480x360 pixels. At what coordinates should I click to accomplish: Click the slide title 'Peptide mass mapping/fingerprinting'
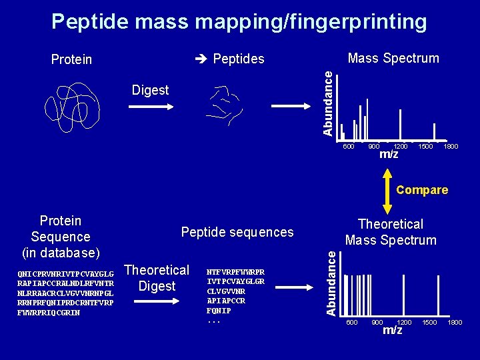point(239,22)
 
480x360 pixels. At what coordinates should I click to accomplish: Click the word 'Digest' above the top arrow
point(150,90)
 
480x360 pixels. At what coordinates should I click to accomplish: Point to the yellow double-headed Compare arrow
point(388,190)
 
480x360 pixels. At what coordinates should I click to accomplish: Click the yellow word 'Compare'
point(421,190)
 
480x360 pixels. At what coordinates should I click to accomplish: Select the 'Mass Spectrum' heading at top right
point(393,58)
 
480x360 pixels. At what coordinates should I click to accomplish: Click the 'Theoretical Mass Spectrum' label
point(391,232)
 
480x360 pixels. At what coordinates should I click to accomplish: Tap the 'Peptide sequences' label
point(237,232)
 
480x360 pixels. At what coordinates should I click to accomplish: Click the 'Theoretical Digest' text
point(157,278)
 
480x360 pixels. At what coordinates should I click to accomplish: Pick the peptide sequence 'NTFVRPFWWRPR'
point(235,272)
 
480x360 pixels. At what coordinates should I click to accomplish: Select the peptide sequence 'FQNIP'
point(219,310)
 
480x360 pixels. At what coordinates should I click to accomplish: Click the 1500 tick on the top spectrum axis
point(425,147)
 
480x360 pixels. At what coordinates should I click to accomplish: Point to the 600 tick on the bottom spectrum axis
point(351,323)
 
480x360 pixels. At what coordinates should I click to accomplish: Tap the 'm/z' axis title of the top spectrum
point(389,155)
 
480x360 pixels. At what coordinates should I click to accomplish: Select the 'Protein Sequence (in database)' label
point(60,237)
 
